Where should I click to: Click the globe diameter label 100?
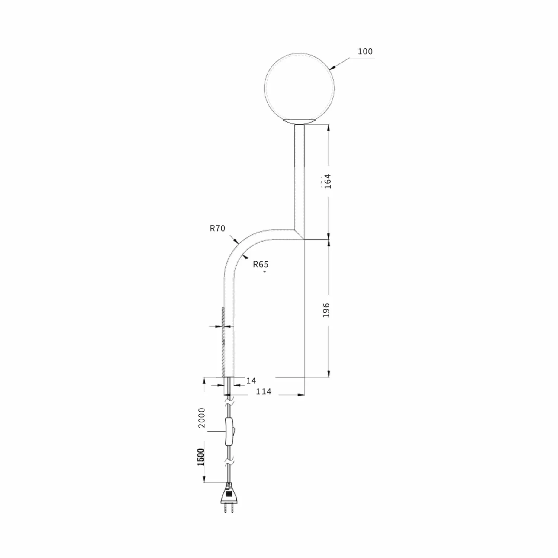365,52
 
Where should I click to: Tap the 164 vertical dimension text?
328,181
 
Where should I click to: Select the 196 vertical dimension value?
326,310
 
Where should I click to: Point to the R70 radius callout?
217,228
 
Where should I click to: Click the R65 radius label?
261,265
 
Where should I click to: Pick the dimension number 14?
251,381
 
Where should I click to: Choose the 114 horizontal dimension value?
264,392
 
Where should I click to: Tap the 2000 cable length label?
202,418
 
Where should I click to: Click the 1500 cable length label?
201,457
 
